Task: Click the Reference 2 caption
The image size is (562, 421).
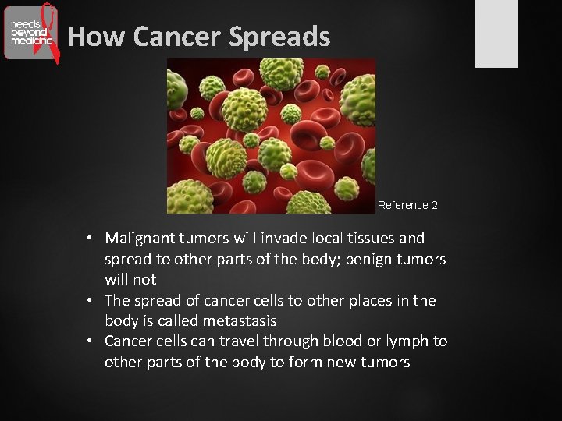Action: (407, 205)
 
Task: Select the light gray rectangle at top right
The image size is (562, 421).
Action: (497, 34)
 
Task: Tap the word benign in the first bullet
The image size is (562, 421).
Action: (372, 259)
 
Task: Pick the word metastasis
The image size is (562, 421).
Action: (240, 321)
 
